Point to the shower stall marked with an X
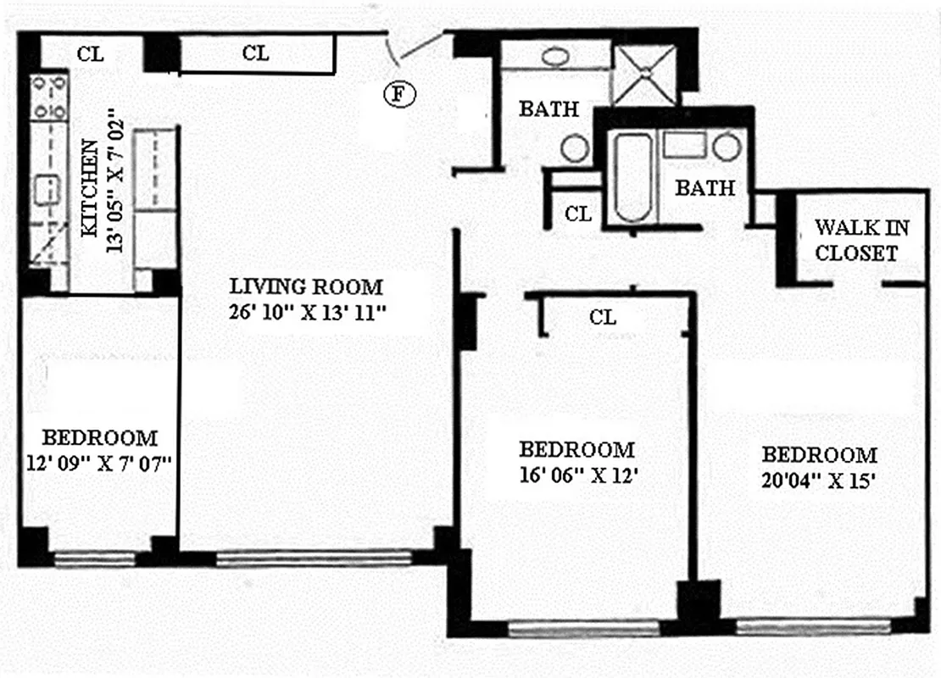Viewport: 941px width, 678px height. click(x=645, y=75)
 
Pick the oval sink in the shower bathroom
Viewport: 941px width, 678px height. click(x=555, y=58)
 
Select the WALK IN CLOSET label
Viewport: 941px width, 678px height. click(x=855, y=240)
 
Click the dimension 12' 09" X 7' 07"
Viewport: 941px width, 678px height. click(x=99, y=463)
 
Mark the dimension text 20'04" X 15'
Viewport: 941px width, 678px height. click(x=818, y=478)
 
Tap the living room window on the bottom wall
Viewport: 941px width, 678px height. click(x=313, y=559)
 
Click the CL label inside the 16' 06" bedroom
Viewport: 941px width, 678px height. click(x=602, y=318)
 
